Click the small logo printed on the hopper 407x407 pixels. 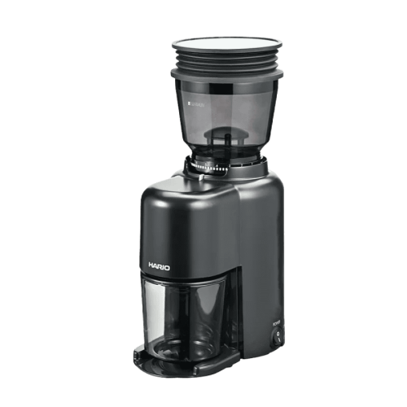point(188,104)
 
